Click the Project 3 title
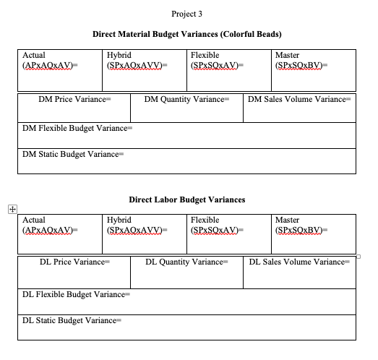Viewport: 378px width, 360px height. click(188, 14)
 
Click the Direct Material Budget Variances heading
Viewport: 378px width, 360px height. click(187, 35)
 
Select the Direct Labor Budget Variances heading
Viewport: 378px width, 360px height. click(187, 200)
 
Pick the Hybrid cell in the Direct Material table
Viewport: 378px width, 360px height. click(143, 61)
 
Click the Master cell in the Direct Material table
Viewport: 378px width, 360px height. click(312, 61)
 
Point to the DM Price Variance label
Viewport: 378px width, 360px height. click(73, 99)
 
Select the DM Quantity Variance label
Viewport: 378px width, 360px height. click(187, 99)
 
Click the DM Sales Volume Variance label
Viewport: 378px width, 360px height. click(299, 99)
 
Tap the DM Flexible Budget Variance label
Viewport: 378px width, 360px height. click(77, 128)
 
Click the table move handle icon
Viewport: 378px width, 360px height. click(12, 209)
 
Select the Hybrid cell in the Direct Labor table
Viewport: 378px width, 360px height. click(143, 225)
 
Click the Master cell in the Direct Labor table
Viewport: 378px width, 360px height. click(312, 225)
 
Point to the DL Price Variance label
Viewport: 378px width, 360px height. click(73, 262)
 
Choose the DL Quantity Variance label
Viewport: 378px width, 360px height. click(187, 262)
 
